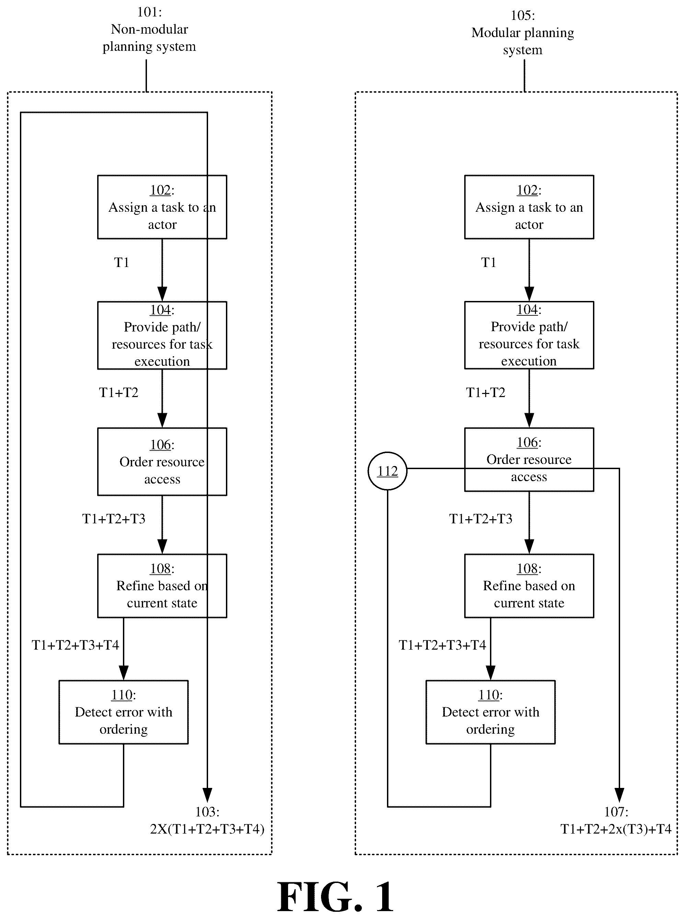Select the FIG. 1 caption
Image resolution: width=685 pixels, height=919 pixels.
pos(335,897)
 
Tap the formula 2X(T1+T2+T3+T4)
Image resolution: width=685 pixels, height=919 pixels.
pos(207,829)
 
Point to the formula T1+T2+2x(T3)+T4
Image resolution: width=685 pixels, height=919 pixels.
pos(616,829)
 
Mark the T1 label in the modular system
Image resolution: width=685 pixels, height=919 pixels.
pos(489,262)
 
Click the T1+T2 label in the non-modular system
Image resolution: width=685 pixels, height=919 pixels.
pos(118,392)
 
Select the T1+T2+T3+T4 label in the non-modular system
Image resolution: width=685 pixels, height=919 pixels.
pos(76,645)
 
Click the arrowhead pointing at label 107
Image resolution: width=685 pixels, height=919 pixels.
pos(619,795)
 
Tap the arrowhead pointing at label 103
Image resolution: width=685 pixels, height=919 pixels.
pos(207,795)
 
